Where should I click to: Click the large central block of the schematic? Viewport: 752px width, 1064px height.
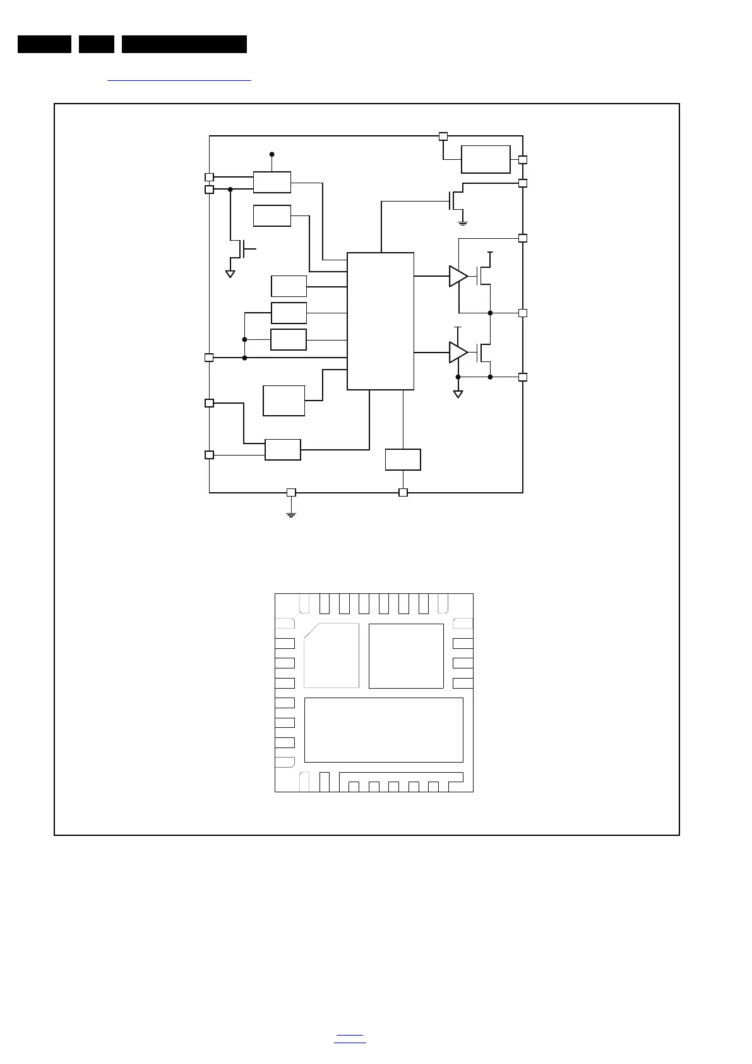[x=380, y=321]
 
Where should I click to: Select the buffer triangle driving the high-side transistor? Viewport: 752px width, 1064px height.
[x=457, y=276]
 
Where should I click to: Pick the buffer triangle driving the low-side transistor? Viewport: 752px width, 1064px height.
[x=457, y=353]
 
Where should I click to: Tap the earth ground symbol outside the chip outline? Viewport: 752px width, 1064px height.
[x=291, y=513]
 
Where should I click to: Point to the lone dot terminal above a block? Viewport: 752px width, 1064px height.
[x=272, y=154]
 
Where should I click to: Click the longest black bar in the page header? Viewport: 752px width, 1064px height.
[x=184, y=44]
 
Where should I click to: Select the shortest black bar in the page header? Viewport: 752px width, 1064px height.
[x=97, y=44]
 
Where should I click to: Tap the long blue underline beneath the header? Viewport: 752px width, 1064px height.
[x=179, y=81]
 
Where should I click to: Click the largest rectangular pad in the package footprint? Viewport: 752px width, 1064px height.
[x=383, y=730]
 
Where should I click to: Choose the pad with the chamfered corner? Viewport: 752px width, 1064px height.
[x=331, y=655]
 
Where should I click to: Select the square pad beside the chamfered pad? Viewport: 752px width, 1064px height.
[x=406, y=656]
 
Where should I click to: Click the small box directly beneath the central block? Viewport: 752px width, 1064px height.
[x=403, y=459]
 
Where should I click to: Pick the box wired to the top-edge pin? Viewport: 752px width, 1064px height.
[x=486, y=159]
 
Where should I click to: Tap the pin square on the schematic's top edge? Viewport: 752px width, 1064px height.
[x=443, y=136]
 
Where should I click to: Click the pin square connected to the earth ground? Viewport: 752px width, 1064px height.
[x=291, y=492]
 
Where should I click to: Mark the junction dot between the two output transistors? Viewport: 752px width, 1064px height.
[x=490, y=313]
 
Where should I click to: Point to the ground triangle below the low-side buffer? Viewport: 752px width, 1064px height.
[x=458, y=394]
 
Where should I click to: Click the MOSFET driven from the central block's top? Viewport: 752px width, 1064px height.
[x=456, y=200]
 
